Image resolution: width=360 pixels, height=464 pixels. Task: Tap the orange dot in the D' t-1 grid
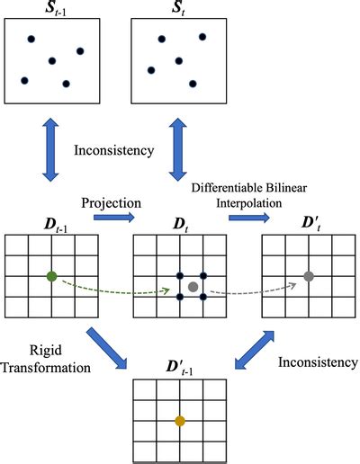click(x=179, y=420)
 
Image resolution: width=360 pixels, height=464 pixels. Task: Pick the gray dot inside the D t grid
click(x=193, y=286)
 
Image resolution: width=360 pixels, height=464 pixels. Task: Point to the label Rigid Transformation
click(x=47, y=357)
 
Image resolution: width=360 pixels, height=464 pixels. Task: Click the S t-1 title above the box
click(x=51, y=8)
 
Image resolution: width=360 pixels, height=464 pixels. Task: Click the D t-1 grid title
click(x=50, y=220)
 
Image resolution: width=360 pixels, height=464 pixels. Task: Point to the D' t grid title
click(x=308, y=220)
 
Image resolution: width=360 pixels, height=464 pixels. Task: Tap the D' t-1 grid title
click(x=179, y=366)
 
